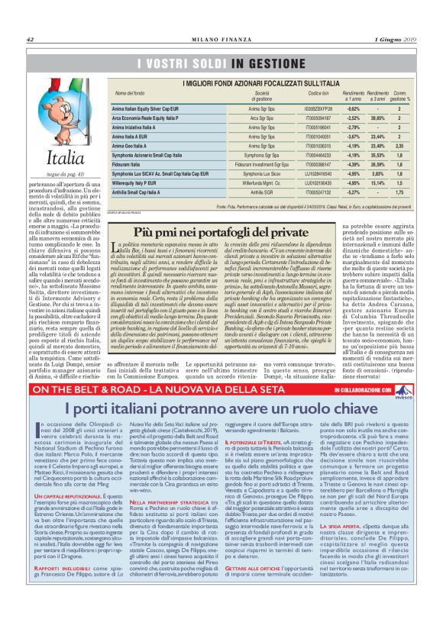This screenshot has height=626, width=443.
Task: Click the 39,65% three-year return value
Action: pos(377,118)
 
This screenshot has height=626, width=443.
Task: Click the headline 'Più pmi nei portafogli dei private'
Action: pos(221,231)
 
